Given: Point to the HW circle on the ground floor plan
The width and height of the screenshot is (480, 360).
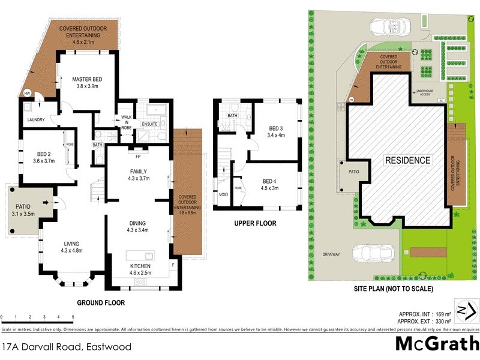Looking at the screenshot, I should click(27, 94).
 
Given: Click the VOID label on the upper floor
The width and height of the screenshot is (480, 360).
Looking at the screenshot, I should click(223, 195).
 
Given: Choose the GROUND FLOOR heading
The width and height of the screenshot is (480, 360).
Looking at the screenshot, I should click(101, 303).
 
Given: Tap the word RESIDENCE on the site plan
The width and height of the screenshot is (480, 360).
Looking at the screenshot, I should click(408, 160).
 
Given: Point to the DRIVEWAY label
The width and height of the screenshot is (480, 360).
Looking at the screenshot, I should click(330, 254).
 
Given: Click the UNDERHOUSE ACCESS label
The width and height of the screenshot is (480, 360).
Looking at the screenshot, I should click(425, 92).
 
